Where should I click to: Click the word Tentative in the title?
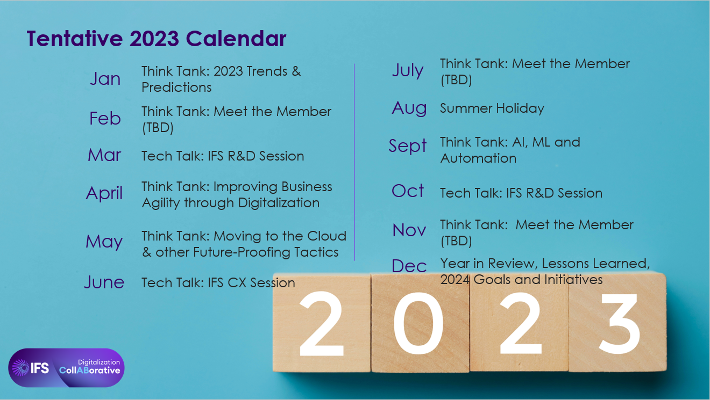[x=74, y=39]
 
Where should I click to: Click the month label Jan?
[x=105, y=78]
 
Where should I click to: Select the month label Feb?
[x=105, y=118]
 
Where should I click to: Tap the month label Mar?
[x=104, y=155]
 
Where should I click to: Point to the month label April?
[x=104, y=193]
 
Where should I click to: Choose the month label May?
[x=104, y=242]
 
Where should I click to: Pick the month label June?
[x=104, y=282]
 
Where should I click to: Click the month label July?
[x=408, y=70]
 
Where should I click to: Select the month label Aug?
[x=409, y=108]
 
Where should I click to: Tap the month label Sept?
[x=408, y=146]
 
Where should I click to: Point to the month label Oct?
[x=408, y=191]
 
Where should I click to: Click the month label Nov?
[x=409, y=230]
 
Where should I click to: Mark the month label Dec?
[x=409, y=266]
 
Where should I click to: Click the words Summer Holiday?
[x=492, y=108]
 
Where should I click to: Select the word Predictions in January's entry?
[x=176, y=88]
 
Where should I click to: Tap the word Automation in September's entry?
[x=478, y=158]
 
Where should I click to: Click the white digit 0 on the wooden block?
[x=418, y=323]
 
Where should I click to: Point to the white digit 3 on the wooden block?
[x=619, y=324]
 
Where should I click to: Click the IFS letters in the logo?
[x=40, y=368]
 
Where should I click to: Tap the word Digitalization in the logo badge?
[x=99, y=362]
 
